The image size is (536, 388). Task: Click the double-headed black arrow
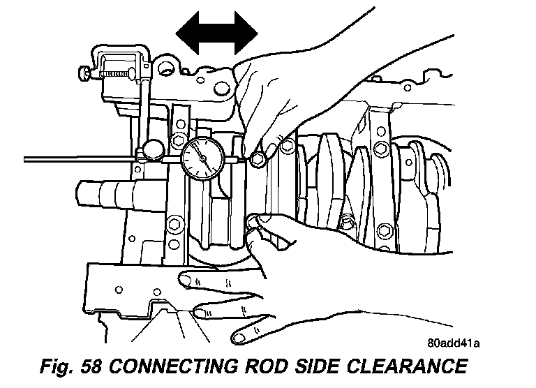216,31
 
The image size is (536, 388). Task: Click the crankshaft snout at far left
98,192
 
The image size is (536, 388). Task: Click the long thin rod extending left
70,158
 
